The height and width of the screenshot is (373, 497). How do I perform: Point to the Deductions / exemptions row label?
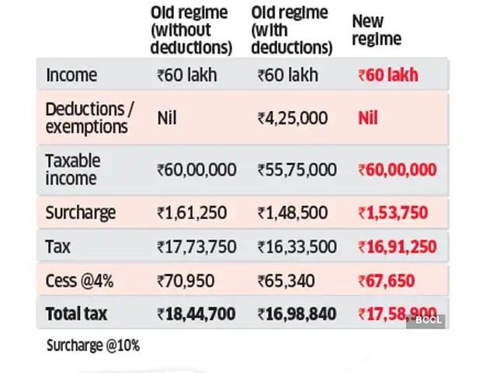pyautogui.click(x=90, y=117)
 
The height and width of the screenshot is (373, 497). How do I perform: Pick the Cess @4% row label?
pyautogui.click(x=78, y=281)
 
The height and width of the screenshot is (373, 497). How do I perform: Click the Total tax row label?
pyautogui.click(x=77, y=315)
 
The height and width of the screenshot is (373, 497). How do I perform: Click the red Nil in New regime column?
pyautogui.click(x=368, y=118)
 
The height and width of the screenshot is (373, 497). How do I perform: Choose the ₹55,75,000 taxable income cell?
pyautogui.click(x=297, y=169)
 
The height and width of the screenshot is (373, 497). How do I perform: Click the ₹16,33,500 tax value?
pyautogui.click(x=297, y=247)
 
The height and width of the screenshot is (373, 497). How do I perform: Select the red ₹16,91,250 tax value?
pyautogui.click(x=397, y=247)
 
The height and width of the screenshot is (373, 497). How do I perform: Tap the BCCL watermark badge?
pyautogui.click(x=427, y=320)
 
